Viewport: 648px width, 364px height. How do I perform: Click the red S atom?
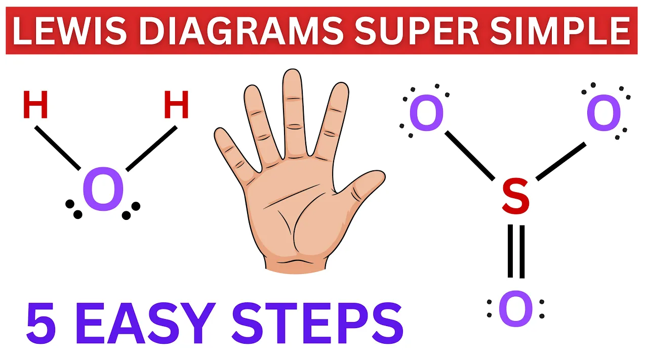point(515,198)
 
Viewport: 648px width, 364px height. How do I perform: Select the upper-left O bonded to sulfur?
point(426,114)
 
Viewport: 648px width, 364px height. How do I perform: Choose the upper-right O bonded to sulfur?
point(604,114)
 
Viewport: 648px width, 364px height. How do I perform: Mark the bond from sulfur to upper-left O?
point(470,155)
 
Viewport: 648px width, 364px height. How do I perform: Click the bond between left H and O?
point(57,148)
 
